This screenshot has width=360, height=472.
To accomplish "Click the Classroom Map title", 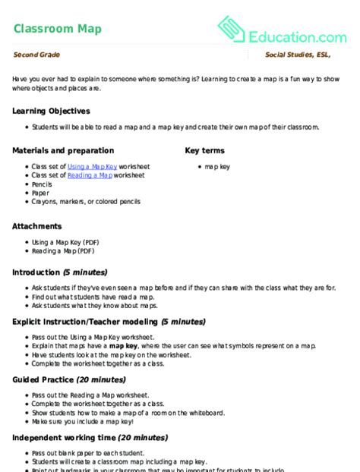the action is [x=57, y=29].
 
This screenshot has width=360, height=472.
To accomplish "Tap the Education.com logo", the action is [x=282, y=31].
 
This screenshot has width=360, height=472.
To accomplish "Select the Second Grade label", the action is [x=36, y=55].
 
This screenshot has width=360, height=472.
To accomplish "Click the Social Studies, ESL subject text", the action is [x=306, y=55].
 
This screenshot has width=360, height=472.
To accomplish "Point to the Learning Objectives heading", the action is [x=51, y=111].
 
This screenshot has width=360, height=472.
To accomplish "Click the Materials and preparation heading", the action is [x=63, y=150].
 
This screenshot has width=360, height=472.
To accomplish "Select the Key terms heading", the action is [x=205, y=150].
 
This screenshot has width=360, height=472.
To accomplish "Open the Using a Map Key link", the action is [x=90, y=166].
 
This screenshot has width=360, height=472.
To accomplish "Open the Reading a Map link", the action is [x=90, y=175].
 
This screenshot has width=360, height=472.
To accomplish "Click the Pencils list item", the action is [x=42, y=184].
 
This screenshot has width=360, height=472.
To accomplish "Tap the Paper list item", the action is [x=40, y=194].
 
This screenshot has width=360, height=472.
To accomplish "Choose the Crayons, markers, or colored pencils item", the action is [x=86, y=203].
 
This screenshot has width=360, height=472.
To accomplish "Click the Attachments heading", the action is [x=37, y=226].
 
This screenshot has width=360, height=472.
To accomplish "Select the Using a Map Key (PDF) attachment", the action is [x=63, y=242].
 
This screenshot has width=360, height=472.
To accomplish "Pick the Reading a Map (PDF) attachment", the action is [x=63, y=251].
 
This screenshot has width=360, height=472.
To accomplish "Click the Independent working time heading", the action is [x=90, y=438].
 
